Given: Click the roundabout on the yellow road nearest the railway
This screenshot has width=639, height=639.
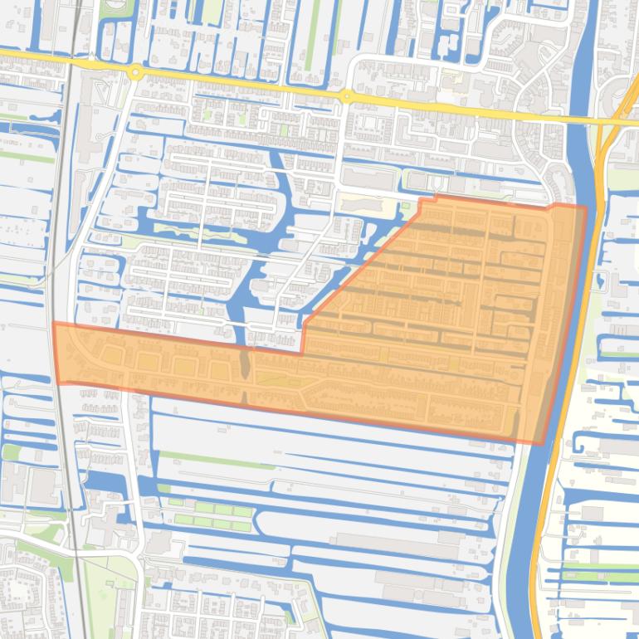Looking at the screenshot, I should coord(134,73).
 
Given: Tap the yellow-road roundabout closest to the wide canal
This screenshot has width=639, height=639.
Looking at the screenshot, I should coord(345,97).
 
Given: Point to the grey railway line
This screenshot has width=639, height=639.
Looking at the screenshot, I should coord(61,249).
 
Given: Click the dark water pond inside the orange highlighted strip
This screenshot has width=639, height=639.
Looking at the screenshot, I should coord(244,363).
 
